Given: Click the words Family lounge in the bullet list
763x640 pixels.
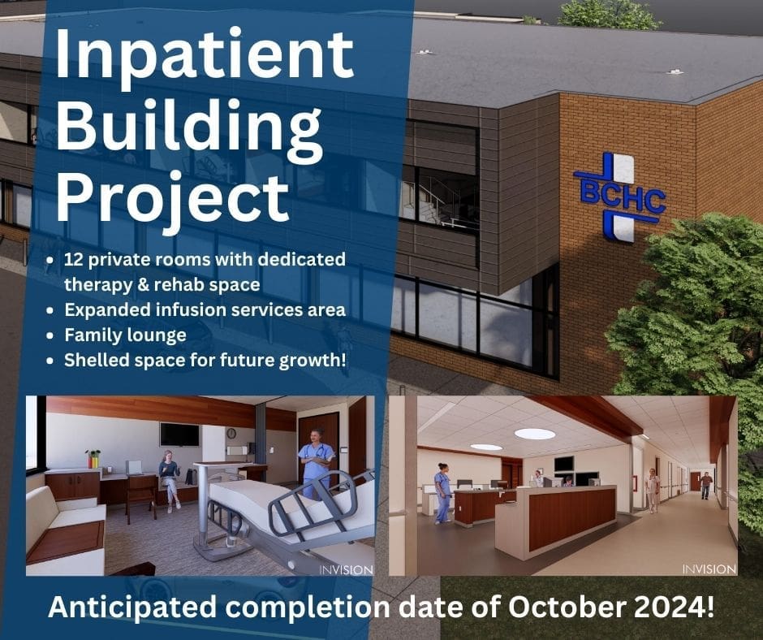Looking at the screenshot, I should (125, 335).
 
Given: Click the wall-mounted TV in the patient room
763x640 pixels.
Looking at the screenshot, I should (179, 435).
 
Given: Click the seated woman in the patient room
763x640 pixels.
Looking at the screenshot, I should (170, 478).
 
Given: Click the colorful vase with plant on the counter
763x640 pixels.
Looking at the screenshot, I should (93, 459).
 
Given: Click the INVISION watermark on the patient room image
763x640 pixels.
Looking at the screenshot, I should (347, 569).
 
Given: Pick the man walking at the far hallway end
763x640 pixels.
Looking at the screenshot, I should (705, 484).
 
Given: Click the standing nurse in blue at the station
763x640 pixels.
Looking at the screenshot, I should (442, 491).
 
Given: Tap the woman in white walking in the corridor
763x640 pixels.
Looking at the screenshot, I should (652, 490).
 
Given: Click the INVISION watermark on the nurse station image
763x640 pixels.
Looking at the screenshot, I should (709, 569).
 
